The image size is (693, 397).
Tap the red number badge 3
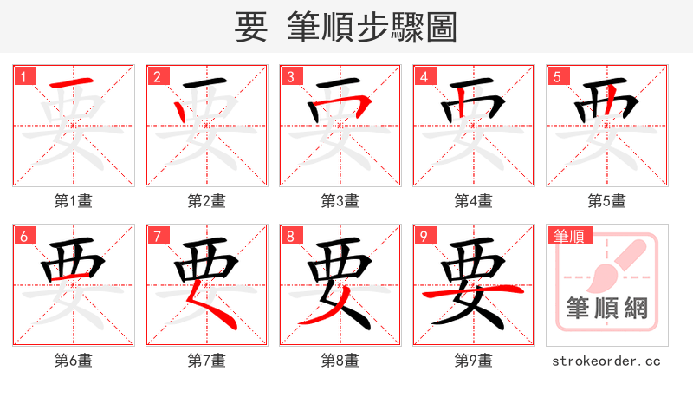[290, 76]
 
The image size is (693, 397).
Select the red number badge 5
[557, 76]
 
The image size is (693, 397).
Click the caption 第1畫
[73, 201]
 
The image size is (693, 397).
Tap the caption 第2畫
[206, 201]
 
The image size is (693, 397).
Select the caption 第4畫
[473, 201]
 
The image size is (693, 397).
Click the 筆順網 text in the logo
[606, 308]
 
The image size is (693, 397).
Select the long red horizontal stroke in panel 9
[473, 295]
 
